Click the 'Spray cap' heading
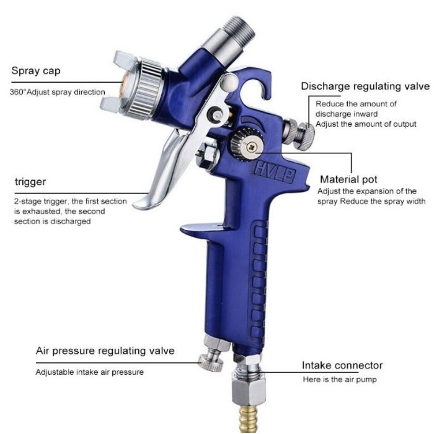tap(36, 71)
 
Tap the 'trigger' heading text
tap(30, 182)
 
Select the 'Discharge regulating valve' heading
tap(365, 86)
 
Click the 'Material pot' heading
tap(348, 180)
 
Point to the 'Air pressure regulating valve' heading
tap(105, 351)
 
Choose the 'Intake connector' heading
tap(342, 365)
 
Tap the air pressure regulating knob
tap(211, 362)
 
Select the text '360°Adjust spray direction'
tap(58, 92)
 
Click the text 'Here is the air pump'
tap(340, 379)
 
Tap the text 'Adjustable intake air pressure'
tap(90, 372)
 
